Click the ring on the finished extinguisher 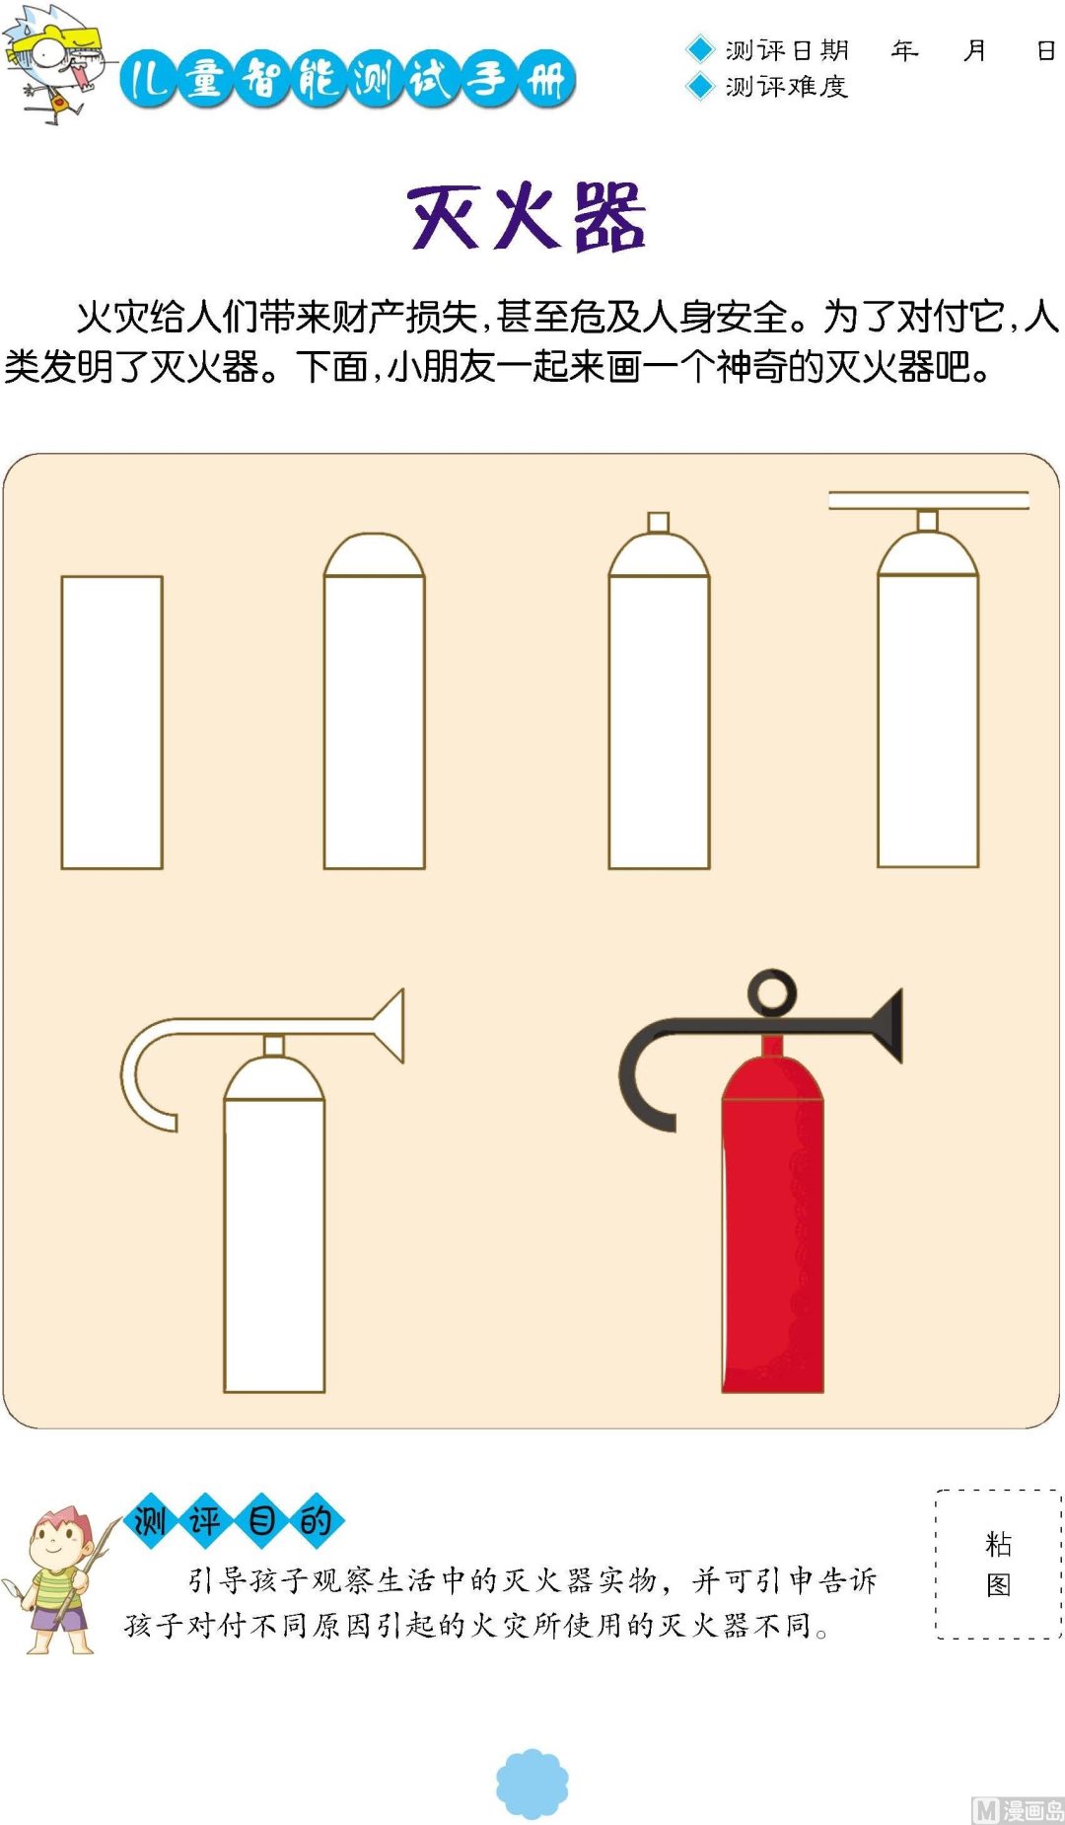(x=772, y=992)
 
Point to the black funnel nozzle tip (x=887, y=1026)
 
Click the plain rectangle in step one (x=111, y=722)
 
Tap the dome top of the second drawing (x=374, y=555)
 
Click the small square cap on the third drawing (x=658, y=522)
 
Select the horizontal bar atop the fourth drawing (x=928, y=500)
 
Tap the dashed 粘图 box (x=998, y=1564)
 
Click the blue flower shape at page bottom (x=532, y=1784)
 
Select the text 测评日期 (x=787, y=50)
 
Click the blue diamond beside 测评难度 (x=699, y=87)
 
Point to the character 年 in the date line (x=904, y=50)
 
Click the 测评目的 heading (x=234, y=1520)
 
